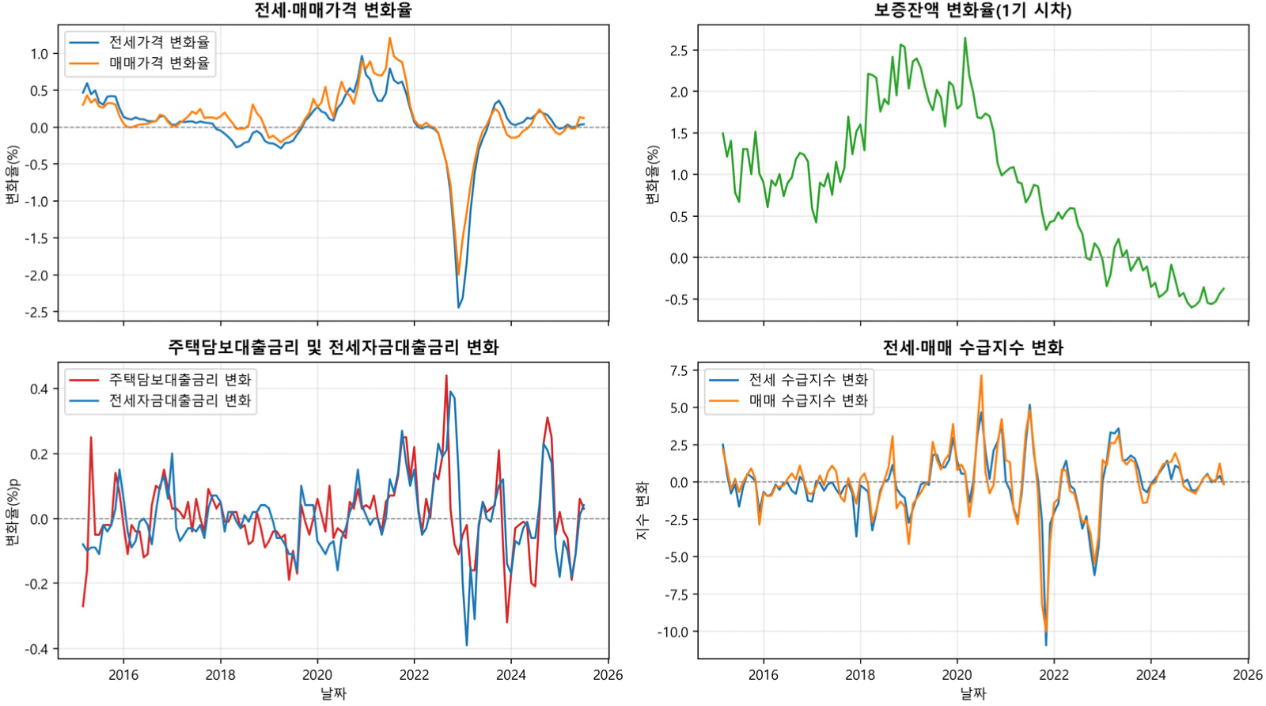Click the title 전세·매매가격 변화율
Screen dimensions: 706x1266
coord(333,10)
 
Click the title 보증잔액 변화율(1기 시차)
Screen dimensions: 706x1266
coord(972,10)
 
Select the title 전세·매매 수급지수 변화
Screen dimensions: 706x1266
coord(972,347)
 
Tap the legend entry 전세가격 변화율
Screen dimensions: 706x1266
coord(159,43)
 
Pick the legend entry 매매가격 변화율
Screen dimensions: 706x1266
coord(159,63)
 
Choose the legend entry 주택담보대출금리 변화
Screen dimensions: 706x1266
coord(180,380)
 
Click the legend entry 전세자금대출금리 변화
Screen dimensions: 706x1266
coord(180,400)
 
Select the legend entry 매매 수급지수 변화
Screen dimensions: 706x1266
coord(808,400)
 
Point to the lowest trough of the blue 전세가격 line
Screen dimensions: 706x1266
coord(459,307)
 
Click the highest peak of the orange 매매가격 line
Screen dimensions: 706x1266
coord(390,38)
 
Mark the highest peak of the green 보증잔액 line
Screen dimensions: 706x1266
coord(965,38)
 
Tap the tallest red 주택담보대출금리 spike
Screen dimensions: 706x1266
coord(446,376)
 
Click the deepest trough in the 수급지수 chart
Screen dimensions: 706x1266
coord(1046,644)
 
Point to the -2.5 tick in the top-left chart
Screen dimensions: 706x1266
coord(36,313)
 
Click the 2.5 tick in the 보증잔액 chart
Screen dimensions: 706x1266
coord(679,51)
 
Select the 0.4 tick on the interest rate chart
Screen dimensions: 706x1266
coord(39,389)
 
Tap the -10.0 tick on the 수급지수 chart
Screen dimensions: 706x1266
coord(673,632)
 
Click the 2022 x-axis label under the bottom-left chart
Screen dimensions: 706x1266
coord(414,675)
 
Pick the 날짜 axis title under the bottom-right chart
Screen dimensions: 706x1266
coord(972,694)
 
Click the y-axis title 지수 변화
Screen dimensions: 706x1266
coord(642,511)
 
